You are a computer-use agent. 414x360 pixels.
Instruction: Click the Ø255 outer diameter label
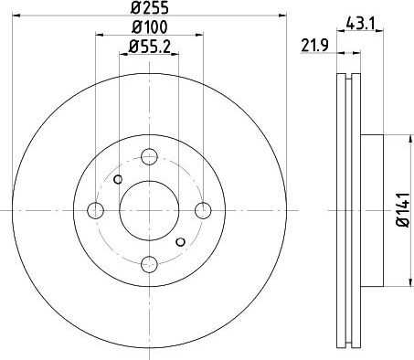click(150, 7)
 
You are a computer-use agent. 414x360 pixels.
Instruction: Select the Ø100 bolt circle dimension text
click(150, 27)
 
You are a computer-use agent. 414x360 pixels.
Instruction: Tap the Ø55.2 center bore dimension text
click(149, 47)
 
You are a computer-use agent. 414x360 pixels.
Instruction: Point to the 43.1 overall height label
click(360, 24)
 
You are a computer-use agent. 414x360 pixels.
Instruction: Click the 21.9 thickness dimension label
click(314, 46)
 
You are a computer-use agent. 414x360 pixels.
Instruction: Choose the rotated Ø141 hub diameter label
click(402, 210)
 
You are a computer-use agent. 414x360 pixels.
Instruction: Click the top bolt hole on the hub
click(149, 156)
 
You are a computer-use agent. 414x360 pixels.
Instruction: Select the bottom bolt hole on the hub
click(149, 264)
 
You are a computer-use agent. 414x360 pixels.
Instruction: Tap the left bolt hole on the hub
click(95, 210)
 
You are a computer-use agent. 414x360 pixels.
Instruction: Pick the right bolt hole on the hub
click(203, 210)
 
